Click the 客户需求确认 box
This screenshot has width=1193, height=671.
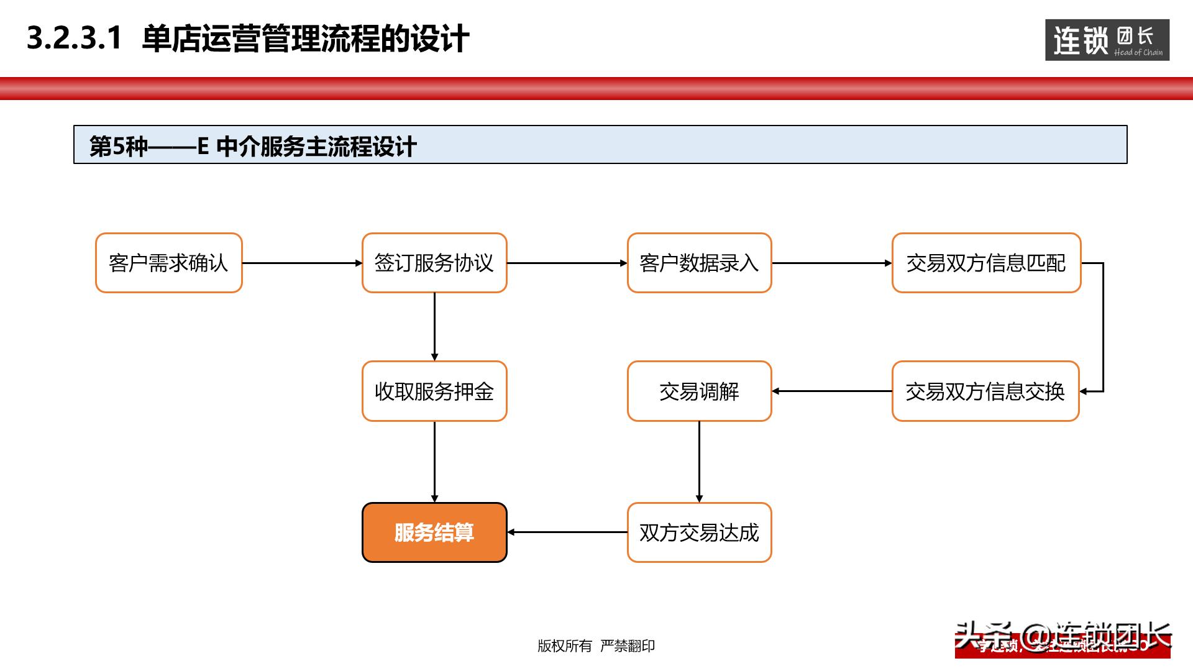click(168, 263)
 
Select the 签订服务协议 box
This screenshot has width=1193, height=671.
click(434, 263)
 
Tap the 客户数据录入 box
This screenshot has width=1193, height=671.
click(699, 263)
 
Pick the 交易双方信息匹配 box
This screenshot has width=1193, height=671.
click(986, 263)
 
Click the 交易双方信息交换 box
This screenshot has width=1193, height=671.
click(985, 391)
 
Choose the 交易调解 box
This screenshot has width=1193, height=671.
click(699, 391)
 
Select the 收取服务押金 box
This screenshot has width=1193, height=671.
click(434, 391)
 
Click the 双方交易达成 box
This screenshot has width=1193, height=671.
click(699, 532)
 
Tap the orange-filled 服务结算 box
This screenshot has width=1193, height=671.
click(434, 532)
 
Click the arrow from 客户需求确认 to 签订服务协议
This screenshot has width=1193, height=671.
click(302, 263)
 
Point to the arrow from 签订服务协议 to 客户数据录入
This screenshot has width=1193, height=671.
click(567, 263)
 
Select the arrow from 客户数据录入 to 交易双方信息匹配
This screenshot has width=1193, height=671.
click(831, 263)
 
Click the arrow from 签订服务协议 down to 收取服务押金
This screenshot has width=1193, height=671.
click(434, 327)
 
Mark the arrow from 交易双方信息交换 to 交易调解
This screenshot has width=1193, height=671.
click(831, 391)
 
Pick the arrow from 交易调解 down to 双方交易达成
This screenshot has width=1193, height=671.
click(699, 462)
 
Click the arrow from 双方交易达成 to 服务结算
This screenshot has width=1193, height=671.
click(567, 532)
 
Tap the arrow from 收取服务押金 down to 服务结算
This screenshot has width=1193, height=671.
click(434, 462)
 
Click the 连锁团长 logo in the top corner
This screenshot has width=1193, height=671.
click(1107, 40)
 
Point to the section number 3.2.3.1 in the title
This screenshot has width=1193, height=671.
click(75, 39)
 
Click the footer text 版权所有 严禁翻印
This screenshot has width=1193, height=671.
click(596, 646)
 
